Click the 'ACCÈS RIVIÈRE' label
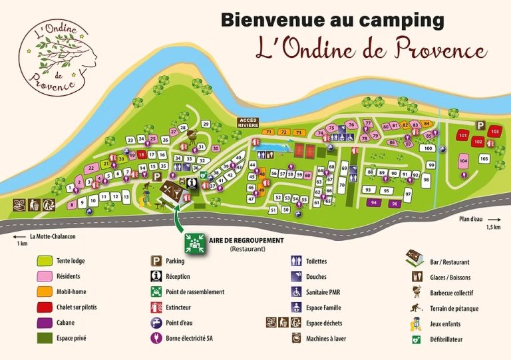pos(248,122)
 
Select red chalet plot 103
pos(494,132)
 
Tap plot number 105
pos(484,158)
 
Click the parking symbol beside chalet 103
pos(480,124)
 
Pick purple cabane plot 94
pos(374,202)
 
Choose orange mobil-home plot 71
pos(269,132)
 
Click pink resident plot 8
pos(72,205)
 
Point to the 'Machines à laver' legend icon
pos(296,338)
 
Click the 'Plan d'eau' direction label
pos(472,218)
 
